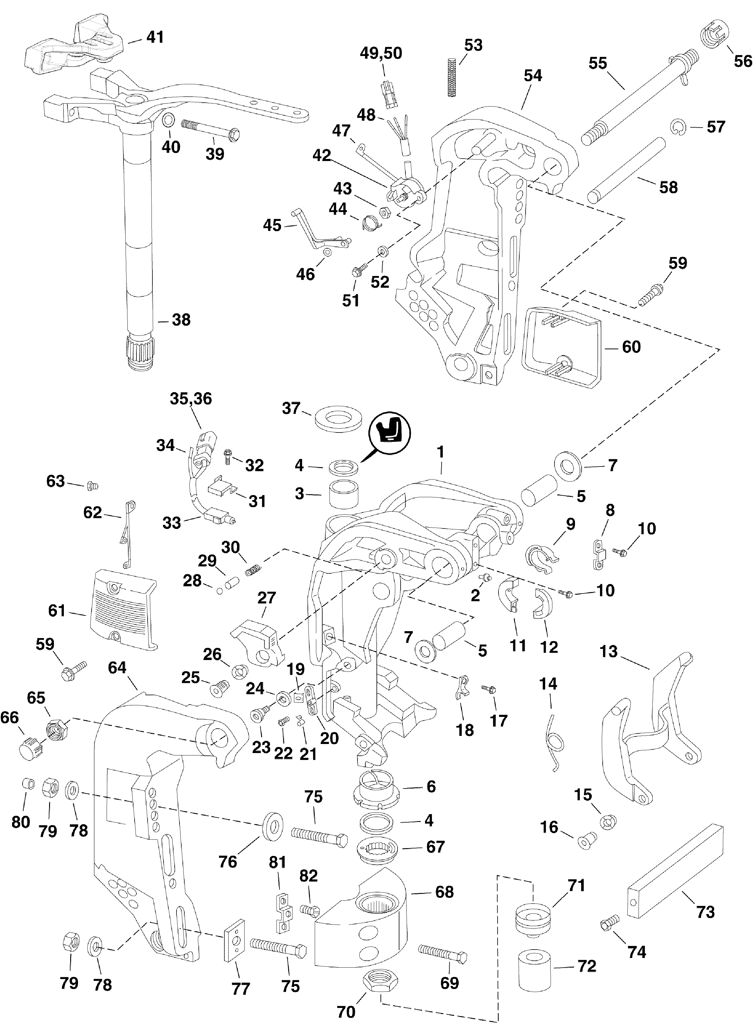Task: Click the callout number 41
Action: coord(155,37)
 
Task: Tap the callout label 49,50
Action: coord(381,53)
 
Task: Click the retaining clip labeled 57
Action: coord(679,127)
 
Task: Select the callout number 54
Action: coord(533,75)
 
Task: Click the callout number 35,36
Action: coord(191,398)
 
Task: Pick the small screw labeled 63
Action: coord(92,486)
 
